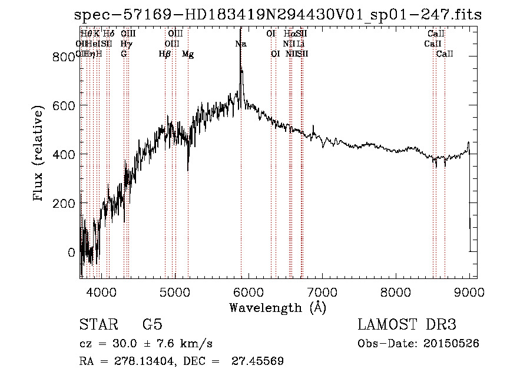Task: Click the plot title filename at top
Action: (279, 16)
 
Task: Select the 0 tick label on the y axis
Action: (72, 253)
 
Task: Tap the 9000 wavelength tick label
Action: (469, 291)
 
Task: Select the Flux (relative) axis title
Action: (39, 154)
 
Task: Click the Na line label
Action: (241, 44)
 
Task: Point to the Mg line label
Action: (188, 54)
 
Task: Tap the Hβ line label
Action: (165, 54)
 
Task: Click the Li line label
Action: (300, 44)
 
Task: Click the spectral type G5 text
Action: (152, 325)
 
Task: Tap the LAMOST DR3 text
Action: (406, 325)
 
